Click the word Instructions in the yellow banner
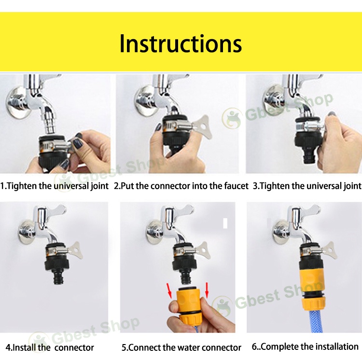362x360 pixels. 181,43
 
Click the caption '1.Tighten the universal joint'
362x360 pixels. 55,186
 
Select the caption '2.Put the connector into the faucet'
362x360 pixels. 181,186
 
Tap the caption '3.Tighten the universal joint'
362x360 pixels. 307,186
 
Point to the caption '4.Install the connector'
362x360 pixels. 50,347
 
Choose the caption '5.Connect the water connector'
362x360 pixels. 181,347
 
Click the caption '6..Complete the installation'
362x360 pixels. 305,346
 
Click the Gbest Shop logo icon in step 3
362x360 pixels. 232,119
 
